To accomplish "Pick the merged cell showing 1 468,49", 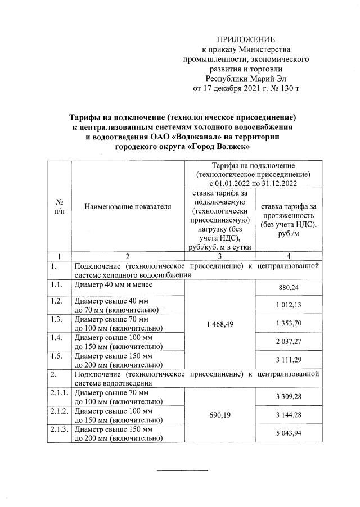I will pyautogui.click(x=220, y=324).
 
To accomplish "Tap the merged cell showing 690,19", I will pyautogui.click(x=220, y=415).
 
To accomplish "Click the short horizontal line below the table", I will pyautogui.click(x=182, y=470).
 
